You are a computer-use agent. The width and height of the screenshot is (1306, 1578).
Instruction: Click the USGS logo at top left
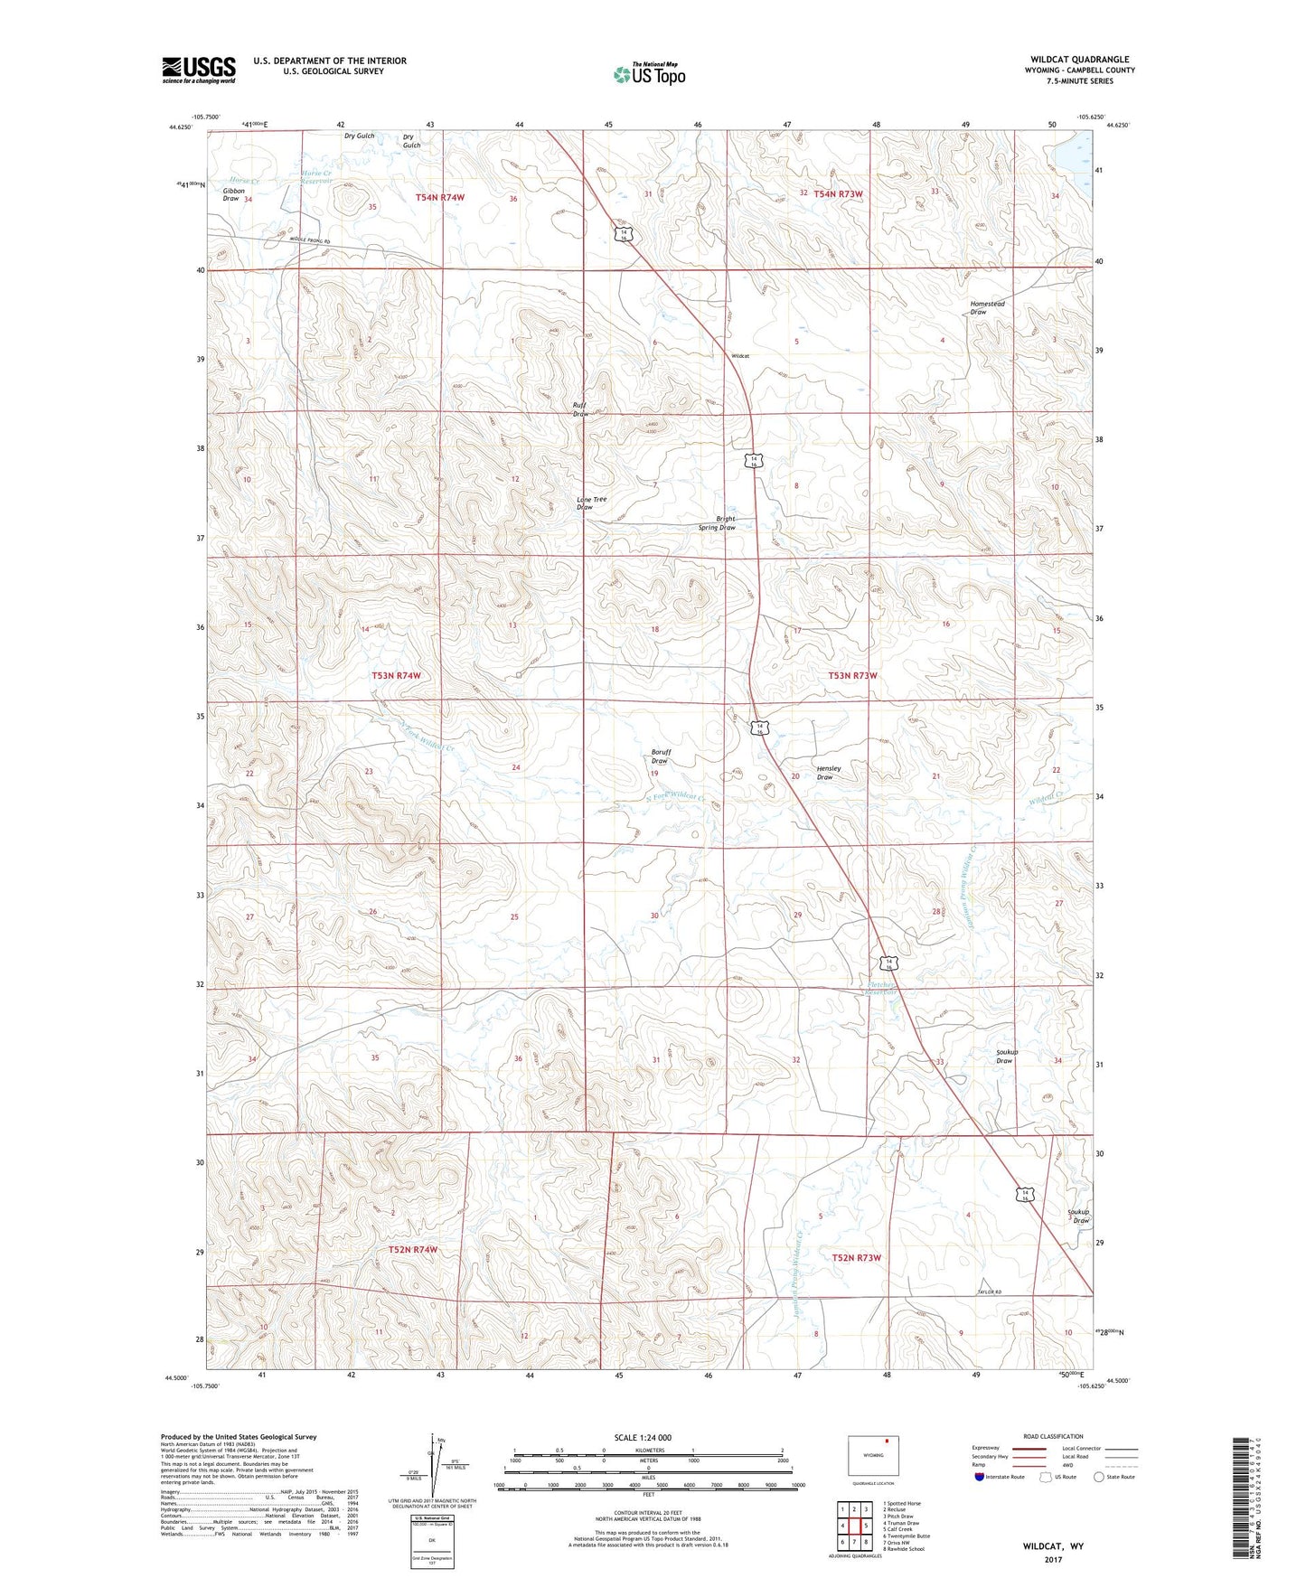tap(198, 69)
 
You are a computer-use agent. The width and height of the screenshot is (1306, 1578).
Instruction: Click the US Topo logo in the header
tap(649, 74)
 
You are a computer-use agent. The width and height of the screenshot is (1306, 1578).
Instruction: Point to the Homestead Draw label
tap(987, 307)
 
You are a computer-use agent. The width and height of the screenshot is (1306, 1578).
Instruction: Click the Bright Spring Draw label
tap(719, 523)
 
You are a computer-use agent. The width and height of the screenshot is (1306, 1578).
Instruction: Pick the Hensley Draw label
tap(828, 773)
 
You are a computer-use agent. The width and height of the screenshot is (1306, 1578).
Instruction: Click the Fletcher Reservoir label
tap(881, 989)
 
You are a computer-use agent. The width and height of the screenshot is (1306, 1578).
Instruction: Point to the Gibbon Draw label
tap(233, 194)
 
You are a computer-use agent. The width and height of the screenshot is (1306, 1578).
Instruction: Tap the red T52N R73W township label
tap(855, 1257)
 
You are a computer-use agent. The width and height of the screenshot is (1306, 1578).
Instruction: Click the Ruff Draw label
tap(579, 409)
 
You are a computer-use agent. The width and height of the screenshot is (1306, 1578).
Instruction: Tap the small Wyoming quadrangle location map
tap(872, 1456)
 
